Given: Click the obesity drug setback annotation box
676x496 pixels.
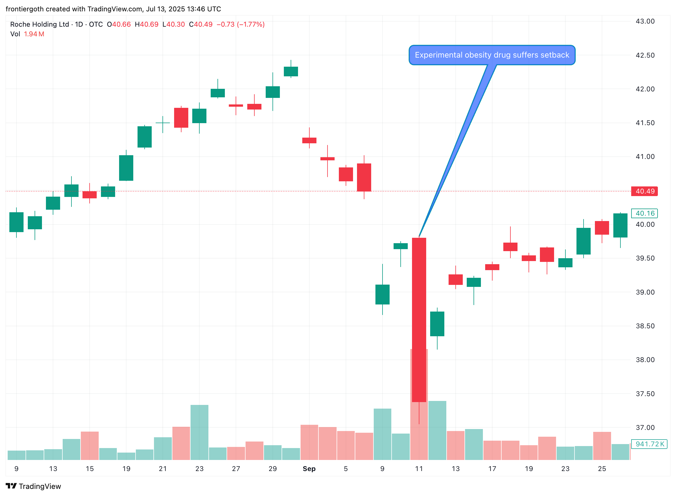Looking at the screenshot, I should (491, 55).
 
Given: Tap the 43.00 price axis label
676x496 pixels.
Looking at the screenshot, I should (645, 21).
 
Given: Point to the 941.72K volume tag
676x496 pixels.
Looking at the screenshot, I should (649, 444).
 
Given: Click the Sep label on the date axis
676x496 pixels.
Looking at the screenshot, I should (309, 469).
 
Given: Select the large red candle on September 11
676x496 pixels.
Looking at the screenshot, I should (419, 320).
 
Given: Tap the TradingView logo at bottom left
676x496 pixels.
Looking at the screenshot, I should (33, 486).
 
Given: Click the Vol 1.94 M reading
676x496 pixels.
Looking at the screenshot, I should (27, 34).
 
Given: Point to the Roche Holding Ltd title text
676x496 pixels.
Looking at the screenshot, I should (40, 24).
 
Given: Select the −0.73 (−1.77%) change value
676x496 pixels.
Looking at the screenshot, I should (240, 24).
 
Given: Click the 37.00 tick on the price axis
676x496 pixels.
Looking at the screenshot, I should (645, 427).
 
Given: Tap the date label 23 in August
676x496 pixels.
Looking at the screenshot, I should (199, 469).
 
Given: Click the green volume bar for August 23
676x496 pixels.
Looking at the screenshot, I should (199, 432).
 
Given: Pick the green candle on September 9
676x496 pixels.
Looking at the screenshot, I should (382, 295).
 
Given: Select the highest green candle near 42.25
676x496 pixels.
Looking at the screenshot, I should (291, 72).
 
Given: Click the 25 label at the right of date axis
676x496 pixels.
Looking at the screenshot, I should (602, 469).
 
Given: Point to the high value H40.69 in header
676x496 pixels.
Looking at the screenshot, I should (146, 24).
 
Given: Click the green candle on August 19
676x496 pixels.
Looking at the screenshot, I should (126, 168).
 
